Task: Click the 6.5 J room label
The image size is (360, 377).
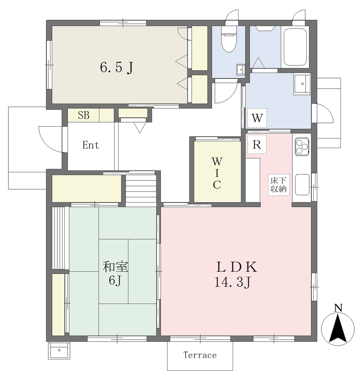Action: point(117,67)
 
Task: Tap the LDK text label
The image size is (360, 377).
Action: point(237,267)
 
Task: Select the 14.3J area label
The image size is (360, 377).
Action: point(232,282)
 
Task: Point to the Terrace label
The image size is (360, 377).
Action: point(200,355)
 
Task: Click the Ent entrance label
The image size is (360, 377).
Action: point(91,145)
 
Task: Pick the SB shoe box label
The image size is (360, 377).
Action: point(84,115)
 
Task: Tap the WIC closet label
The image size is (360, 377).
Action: point(217,173)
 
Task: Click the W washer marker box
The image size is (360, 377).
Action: point(257,118)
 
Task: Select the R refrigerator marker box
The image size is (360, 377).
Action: point(257,144)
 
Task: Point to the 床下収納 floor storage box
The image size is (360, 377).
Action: point(279,185)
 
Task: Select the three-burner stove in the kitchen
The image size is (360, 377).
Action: point(302,146)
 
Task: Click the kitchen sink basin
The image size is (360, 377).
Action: point(302,185)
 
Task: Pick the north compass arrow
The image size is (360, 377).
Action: point(338,329)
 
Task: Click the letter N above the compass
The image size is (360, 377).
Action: point(338,308)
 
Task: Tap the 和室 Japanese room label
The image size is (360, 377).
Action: point(115,267)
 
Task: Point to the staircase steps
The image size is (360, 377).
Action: point(141,190)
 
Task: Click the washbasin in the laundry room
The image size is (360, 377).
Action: point(302,84)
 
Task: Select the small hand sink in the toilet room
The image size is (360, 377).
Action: point(240,70)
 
